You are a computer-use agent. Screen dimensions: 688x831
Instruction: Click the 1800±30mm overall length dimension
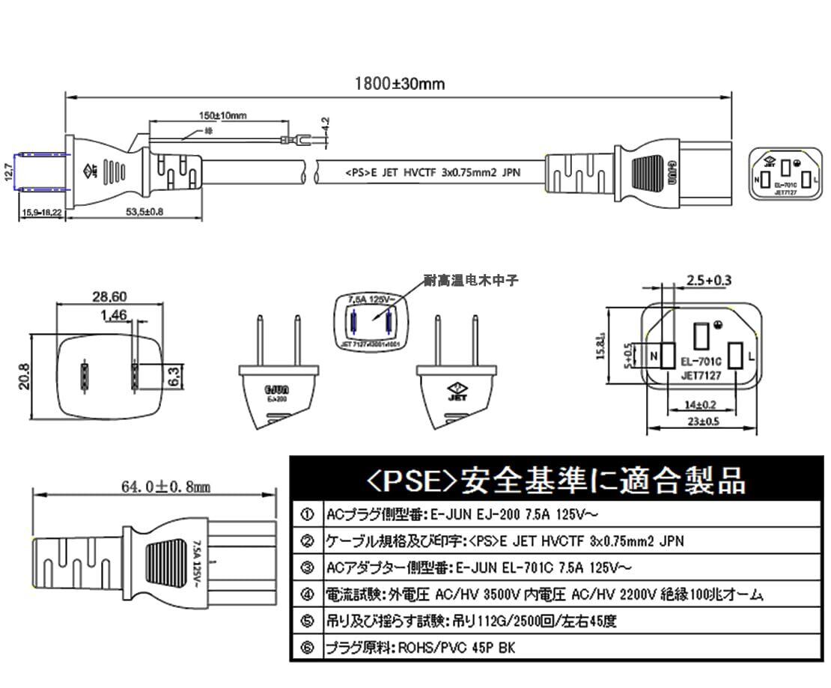[x=399, y=84]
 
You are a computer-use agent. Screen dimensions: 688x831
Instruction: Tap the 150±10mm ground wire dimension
[x=222, y=115]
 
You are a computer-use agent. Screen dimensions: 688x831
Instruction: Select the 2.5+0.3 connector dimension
[x=707, y=281]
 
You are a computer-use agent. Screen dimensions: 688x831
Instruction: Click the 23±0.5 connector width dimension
[x=702, y=421]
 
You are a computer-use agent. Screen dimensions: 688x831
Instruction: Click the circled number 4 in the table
[x=307, y=594]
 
